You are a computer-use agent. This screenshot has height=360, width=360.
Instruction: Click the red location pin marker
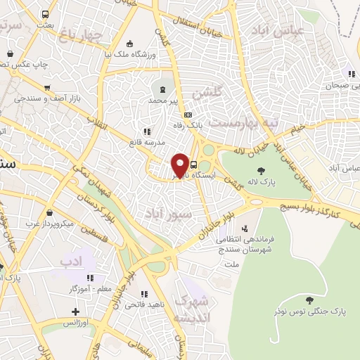click(x=180, y=165)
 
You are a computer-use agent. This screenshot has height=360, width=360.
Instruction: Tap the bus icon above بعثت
click(x=46, y=14)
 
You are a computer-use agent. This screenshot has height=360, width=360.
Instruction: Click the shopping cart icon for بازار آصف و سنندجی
click(x=47, y=88)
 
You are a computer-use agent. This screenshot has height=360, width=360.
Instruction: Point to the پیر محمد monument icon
click(x=163, y=89)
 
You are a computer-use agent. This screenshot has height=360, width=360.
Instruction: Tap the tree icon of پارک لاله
click(x=261, y=171)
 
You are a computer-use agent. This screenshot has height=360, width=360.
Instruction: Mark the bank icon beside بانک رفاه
click(x=188, y=115)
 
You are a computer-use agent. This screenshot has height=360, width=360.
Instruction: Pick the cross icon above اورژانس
click(x=75, y=310)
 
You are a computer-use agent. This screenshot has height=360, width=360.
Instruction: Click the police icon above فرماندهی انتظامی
click(x=245, y=229)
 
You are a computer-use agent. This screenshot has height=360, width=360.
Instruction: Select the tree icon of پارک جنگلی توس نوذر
click(x=309, y=299)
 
